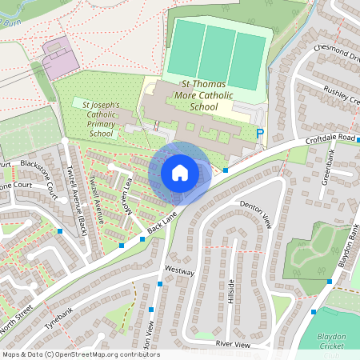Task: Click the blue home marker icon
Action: (x=180, y=173)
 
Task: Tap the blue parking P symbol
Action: (x=259, y=134)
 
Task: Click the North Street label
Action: (x=18, y=322)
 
